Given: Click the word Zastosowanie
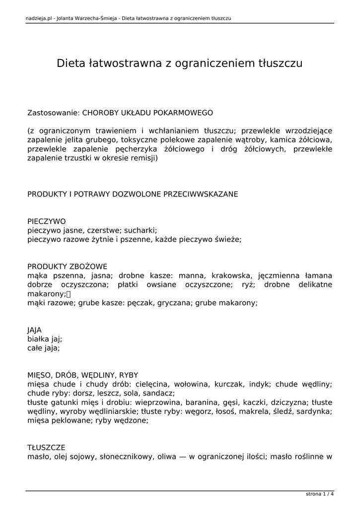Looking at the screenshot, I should (x=52, y=113).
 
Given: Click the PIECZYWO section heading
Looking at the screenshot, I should (x=47, y=221).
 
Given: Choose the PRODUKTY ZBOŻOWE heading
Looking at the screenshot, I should (x=67, y=266).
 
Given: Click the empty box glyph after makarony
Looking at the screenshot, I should (x=69, y=294).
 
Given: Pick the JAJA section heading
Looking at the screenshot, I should (x=35, y=330).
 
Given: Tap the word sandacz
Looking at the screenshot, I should (x=158, y=393).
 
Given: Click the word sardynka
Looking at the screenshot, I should (x=313, y=411).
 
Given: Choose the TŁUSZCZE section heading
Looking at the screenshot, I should (x=46, y=447).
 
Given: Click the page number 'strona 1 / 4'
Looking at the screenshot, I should (x=320, y=494).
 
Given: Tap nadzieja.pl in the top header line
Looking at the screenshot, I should (x=39, y=19).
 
